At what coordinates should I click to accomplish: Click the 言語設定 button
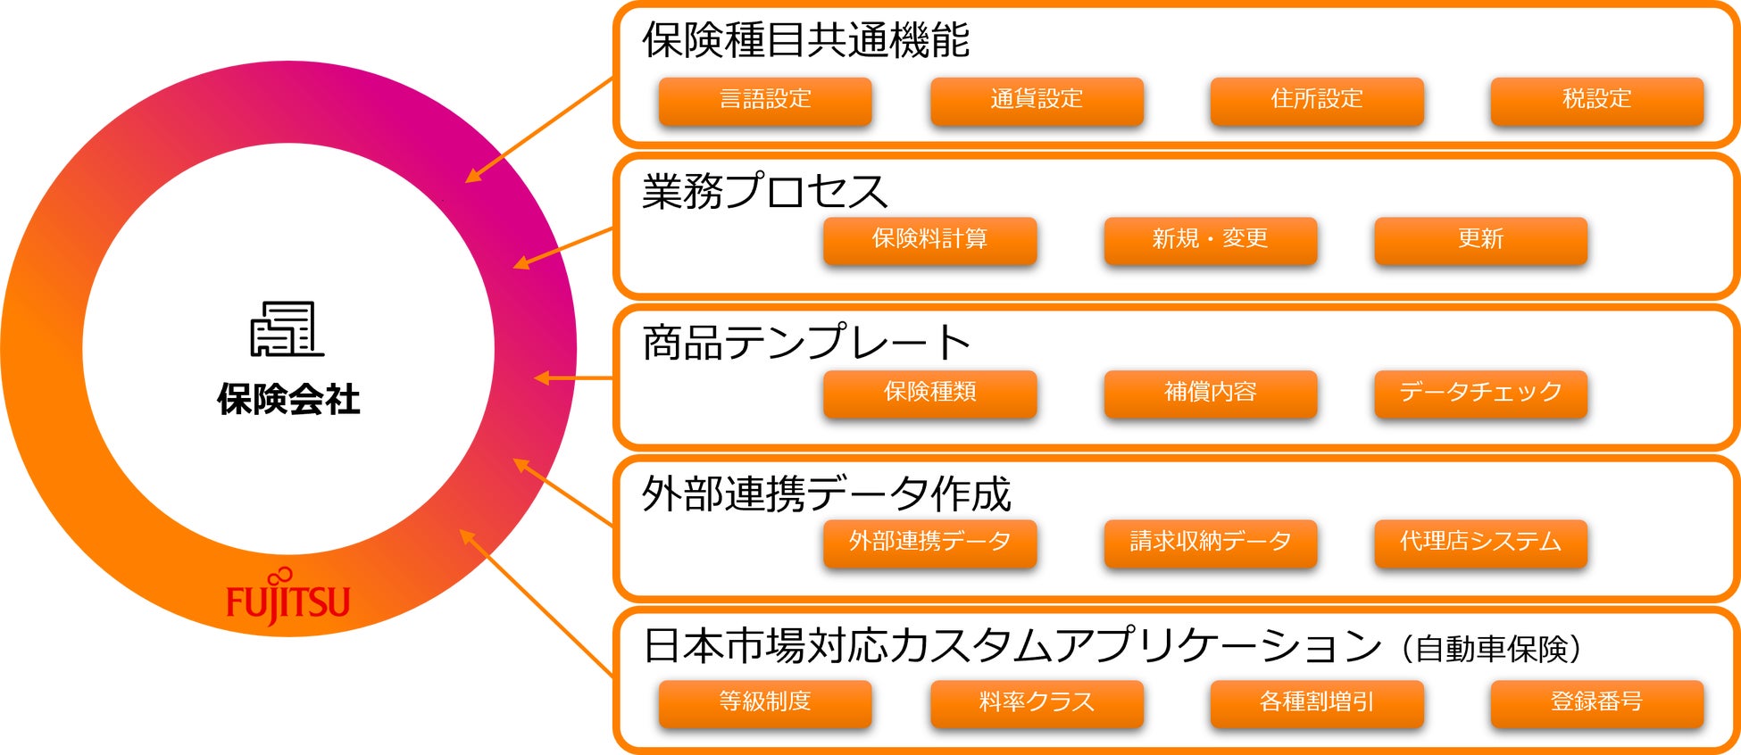point(765,100)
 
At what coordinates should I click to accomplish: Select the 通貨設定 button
point(1037,100)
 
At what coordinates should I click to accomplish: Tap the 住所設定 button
point(1317,100)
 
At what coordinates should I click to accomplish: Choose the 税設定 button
point(1596,100)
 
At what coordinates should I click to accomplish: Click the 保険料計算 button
point(929,240)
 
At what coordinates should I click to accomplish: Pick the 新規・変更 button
point(1210,240)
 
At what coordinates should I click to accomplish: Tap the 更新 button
point(1480,240)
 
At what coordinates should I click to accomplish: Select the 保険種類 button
point(929,393)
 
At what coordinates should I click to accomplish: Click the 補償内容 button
point(1210,393)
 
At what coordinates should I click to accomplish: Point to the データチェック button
point(1480,393)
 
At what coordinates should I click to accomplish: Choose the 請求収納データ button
point(1210,542)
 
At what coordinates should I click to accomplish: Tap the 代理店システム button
point(1480,542)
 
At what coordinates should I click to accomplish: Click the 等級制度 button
point(765,702)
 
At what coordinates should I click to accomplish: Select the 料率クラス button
point(1037,702)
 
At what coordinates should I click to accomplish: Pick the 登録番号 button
point(1596,702)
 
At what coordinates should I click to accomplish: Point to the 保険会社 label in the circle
point(287,399)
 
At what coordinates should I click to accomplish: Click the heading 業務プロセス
point(764,191)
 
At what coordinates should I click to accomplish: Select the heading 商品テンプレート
point(806,343)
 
